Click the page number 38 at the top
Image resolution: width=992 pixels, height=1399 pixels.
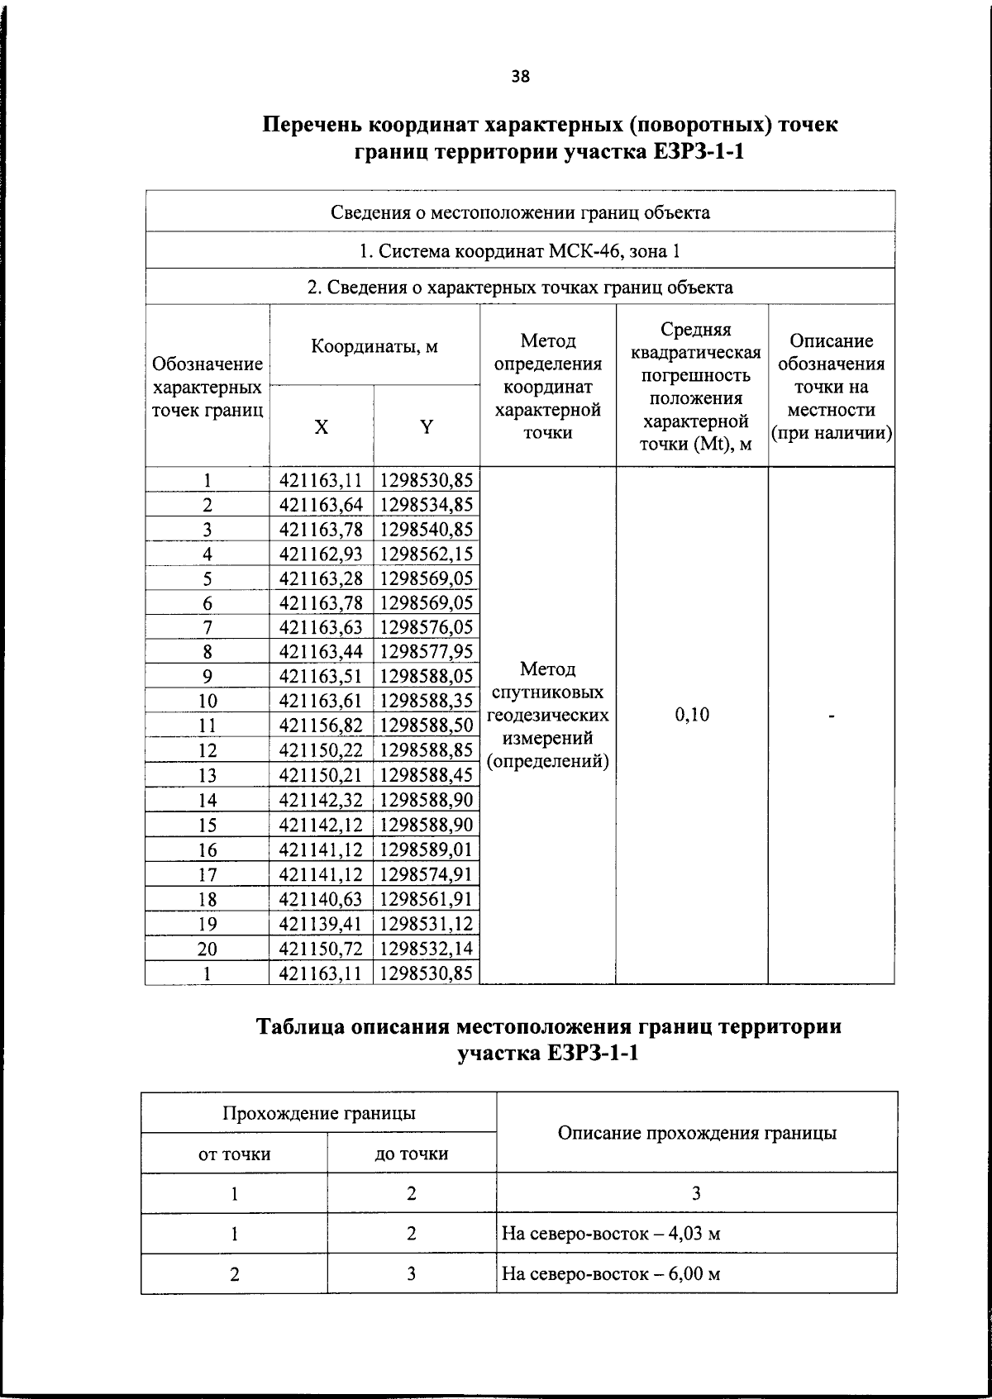[520, 77]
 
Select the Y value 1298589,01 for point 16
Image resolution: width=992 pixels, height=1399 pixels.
[427, 849]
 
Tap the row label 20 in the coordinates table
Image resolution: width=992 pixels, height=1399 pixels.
[207, 949]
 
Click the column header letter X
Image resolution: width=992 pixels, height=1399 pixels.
[321, 426]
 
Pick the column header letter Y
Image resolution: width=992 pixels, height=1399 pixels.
[427, 426]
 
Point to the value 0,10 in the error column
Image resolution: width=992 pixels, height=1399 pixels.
[692, 715]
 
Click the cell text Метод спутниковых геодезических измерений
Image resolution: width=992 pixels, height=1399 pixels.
[547, 715]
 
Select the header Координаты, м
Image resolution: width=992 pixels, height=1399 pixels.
[374, 346]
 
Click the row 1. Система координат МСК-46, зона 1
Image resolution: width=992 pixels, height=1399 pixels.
[520, 250]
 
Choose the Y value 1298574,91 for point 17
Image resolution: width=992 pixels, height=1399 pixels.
[427, 874]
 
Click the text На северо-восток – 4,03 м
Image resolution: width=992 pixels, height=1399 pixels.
[611, 1234]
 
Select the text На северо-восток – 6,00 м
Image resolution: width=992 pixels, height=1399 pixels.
[611, 1273]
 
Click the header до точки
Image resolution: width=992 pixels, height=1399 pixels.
[412, 1154]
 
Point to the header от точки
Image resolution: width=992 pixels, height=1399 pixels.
[235, 1154]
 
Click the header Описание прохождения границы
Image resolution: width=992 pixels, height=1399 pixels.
[697, 1133]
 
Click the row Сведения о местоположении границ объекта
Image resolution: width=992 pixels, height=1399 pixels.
[520, 212]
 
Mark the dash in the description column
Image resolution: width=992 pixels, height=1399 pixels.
[831, 716]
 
